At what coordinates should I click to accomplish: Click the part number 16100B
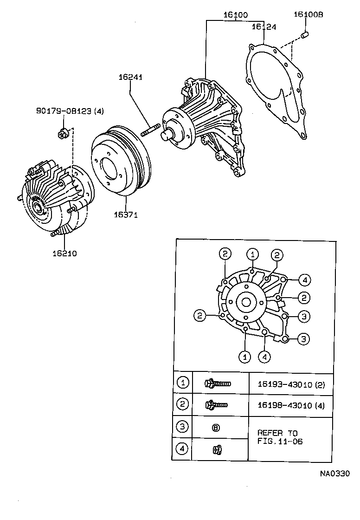tap(308, 15)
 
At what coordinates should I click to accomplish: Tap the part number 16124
tap(264, 27)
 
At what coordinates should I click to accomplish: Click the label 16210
tap(64, 253)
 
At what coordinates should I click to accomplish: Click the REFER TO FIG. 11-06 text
tap(279, 437)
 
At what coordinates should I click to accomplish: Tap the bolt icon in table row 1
tap(217, 383)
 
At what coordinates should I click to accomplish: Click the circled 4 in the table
tap(183, 449)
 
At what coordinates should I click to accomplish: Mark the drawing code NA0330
tap(334, 474)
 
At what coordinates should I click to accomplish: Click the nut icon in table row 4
tap(216, 449)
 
